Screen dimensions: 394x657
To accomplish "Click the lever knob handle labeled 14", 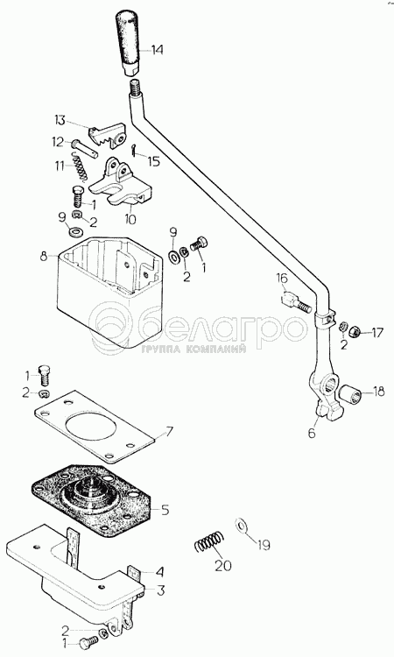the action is [129, 45].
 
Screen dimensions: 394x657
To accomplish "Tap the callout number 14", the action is [157, 50].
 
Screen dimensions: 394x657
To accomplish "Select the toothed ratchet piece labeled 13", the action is [107, 135].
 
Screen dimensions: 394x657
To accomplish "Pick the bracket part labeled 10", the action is [120, 182].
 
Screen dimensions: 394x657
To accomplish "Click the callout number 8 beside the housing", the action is [44, 256].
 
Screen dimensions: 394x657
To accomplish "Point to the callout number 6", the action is [312, 433].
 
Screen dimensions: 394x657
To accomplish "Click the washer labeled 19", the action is [241, 524].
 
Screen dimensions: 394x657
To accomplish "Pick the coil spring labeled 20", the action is [209, 541].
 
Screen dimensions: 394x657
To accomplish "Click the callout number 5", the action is [165, 510].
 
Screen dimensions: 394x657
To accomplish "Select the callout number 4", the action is [159, 572].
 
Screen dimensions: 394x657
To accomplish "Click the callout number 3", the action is [160, 590].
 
